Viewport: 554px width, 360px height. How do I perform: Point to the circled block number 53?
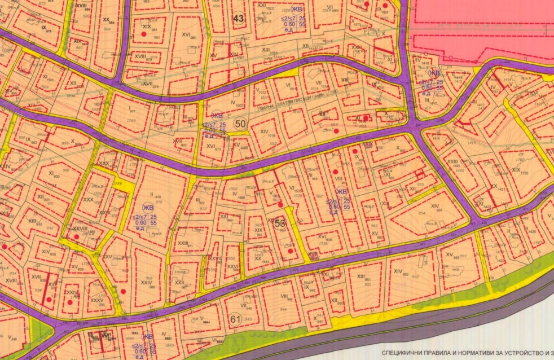280,223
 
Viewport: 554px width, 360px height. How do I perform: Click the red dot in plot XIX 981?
143,34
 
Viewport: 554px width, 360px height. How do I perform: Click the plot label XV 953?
450,255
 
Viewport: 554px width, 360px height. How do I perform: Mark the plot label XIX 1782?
516,169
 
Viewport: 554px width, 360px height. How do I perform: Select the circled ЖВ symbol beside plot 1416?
434,73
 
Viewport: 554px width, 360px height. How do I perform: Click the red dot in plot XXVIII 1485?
77,237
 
